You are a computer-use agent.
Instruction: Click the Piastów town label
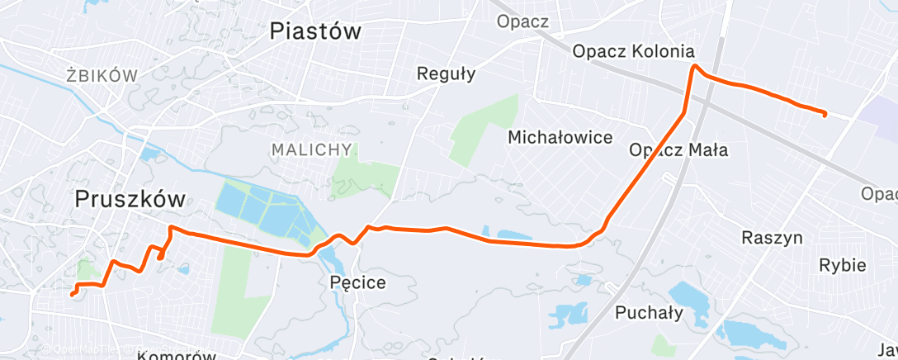[x=316, y=32]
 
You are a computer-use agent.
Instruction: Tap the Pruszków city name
[x=130, y=199]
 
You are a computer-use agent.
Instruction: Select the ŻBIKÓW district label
[x=102, y=76]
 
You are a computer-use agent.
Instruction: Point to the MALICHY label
[x=311, y=150]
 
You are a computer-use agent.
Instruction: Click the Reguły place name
[x=447, y=73]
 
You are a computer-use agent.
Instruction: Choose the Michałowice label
[x=560, y=136]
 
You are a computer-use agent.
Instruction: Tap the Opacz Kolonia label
[x=633, y=51]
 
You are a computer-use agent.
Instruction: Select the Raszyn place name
[x=773, y=238]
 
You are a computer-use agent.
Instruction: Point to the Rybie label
[x=842, y=265]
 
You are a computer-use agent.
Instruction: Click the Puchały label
[x=649, y=313]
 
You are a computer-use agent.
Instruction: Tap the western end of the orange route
[x=72, y=294]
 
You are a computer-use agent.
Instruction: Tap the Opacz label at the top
[x=522, y=21]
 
